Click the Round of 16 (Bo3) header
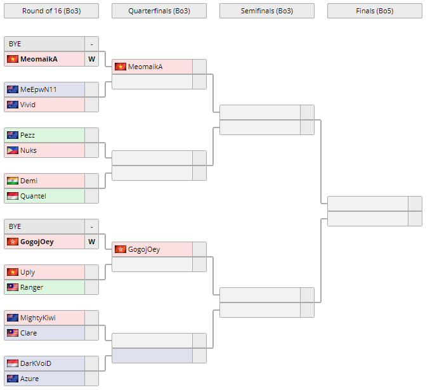pyautogui.click(x=51, y=11)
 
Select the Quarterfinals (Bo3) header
pyautogui.click(x=159, y=11)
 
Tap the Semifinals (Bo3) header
pyautogui.click(x=266, y=11)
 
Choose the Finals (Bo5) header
pyautogui.click(x=374, y=11)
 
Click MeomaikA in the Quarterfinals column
pyautogui.click(x=145, y=67)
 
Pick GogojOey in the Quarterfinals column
pyautogui.click(x=143, y=249)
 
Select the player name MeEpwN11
pyautogui.click(x=38, y=89)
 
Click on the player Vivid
pyautogui.click(x=28, y=105)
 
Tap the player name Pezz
pyautogui.click(x=27, y=135)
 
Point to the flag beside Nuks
pyautogui.click(x=13, y=150)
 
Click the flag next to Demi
pyautogui.click(x=13, y=181)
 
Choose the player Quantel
pyautogui.click(x=33, y=196)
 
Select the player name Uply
pyautogui.click(x=27, y=272)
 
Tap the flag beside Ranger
pyautogui.click(x=13, y=287)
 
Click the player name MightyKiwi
pyautogui.click(x=38, y=318)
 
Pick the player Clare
pyautogui.click(x=29, y=333)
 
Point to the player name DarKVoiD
pyautogui.click(x=36, y=363)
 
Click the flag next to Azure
pyautogui.click(x=13, y=379)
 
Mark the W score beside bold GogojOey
pyautogui.click(x=91, y=242)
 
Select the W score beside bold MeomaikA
pyautogui.click(x=91, y=59)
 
